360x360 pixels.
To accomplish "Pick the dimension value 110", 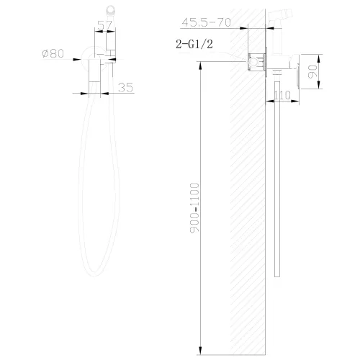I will coord(282,94).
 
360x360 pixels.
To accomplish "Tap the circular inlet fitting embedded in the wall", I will coord(253,62).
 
